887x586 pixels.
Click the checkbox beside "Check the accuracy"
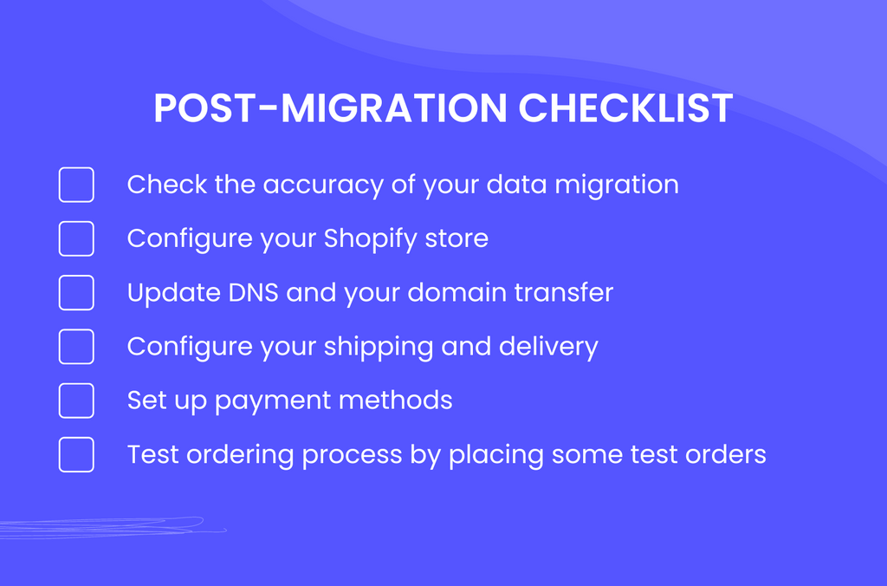tap(76, 185)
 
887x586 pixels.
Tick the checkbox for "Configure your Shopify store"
tap(76, 238)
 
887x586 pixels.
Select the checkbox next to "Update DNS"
tap(76, 293)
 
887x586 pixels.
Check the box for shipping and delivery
tap(76, 347)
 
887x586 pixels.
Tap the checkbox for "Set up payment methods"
tap(76, 400)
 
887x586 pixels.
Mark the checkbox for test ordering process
tap(76, 454)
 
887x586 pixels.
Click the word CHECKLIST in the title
tap(625, 107)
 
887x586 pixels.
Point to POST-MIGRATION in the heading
tap(331, 107)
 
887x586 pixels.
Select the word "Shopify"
tap(371, 239)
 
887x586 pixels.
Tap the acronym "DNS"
tap(254, 293)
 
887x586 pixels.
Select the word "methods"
tap(395, 400)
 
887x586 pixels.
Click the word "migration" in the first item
tap(617, 186)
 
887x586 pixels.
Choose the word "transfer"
tap(564, 293)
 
